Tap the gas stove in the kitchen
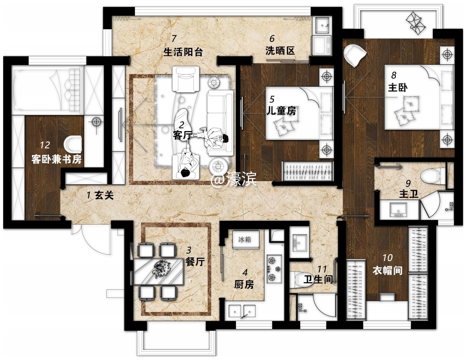(274, 269)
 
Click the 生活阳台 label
(183, 52)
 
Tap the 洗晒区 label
(280, 51)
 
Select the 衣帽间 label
(388, 270)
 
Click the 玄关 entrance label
(104, 195)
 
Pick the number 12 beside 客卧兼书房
(45, 145)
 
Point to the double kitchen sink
(242, 311)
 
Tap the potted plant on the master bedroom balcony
(416, 22)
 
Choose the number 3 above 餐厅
(188, 250)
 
